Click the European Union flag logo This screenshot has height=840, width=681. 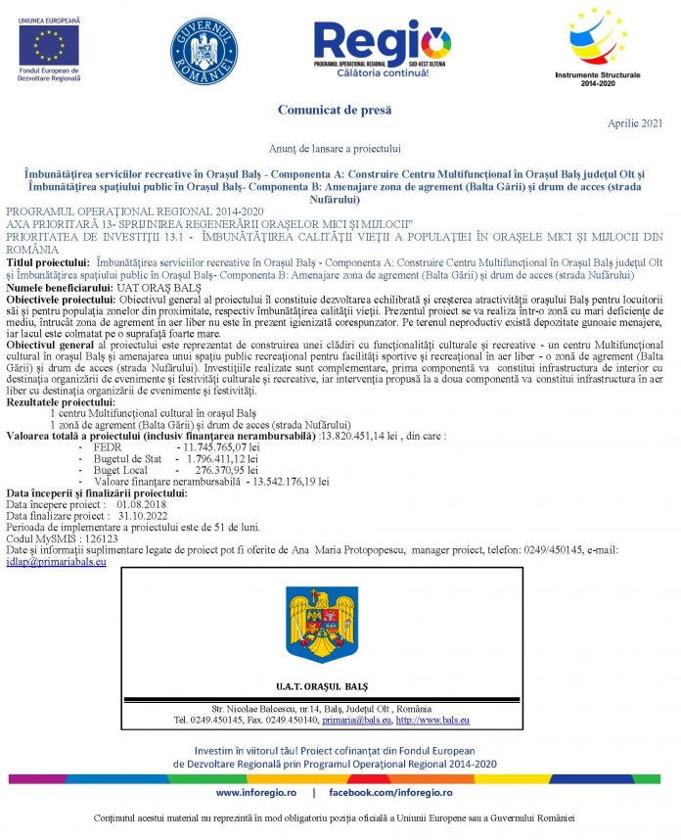click(49, 44)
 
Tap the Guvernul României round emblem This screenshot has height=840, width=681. click(204, 51)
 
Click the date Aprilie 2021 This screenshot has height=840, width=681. click(635, 123)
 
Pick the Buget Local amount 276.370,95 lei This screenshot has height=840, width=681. click(227, 470)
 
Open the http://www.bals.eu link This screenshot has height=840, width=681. click(432, 720)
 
